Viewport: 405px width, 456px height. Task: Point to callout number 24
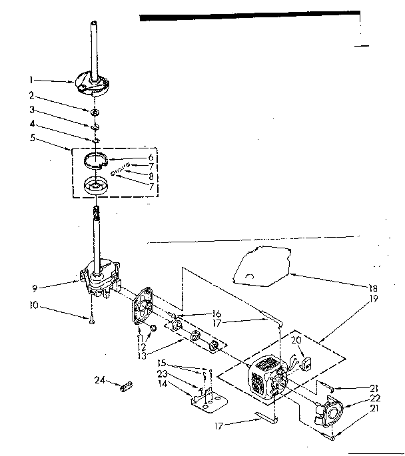[100, 380]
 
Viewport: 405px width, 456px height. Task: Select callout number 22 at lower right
[374, 399]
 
